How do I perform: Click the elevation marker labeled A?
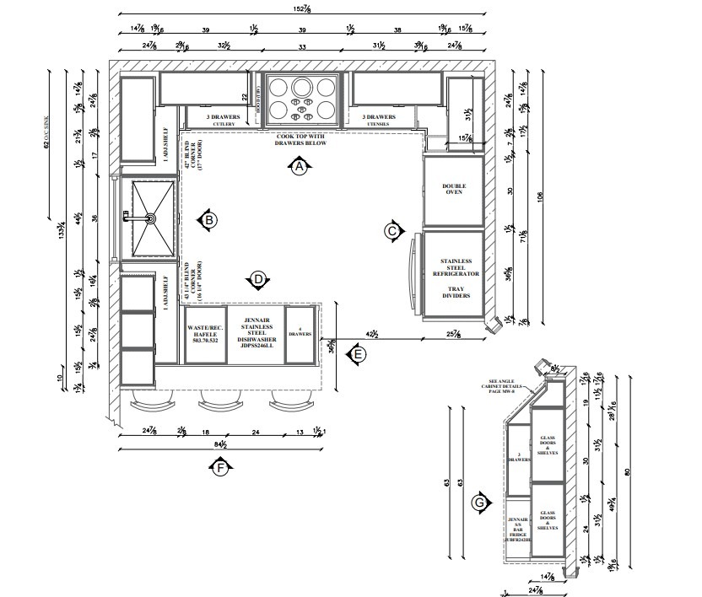point(299,167)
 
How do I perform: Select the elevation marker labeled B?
point(208,221)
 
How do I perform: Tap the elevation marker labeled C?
point(391,230)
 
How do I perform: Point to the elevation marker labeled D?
point(258,279)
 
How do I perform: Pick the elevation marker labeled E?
point(358,355)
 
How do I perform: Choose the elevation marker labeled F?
point(220,466)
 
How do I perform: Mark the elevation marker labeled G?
point(480,503)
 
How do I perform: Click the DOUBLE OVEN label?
point(454,189)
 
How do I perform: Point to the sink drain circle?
point(150,218)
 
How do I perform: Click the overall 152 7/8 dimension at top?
point(302,9)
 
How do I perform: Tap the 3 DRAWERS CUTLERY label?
point(224,120)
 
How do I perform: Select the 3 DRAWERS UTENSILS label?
point(378,120)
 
